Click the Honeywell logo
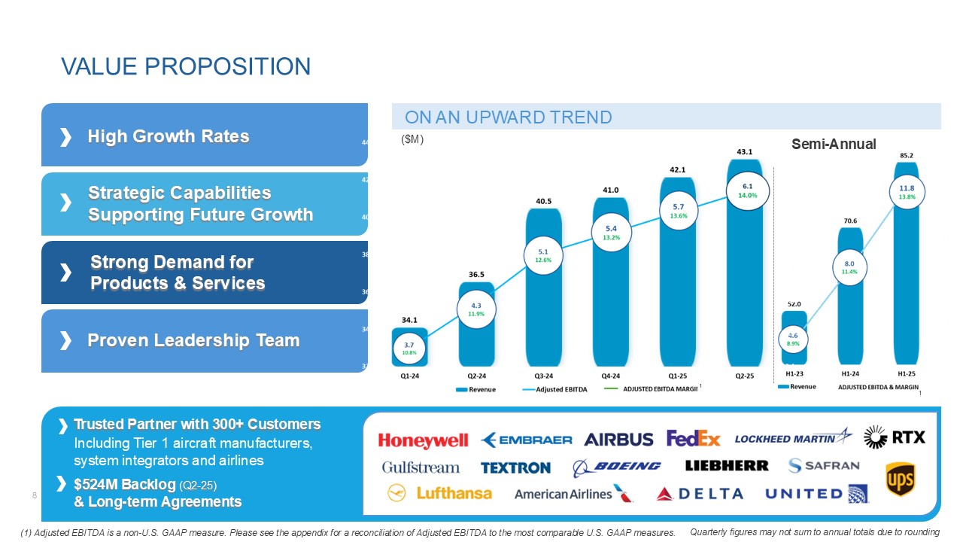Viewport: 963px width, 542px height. [423, 440]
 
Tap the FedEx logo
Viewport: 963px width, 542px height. [693, 439]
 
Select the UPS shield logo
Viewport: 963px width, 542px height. [900, 480]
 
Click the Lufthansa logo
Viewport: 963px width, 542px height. [439, 493]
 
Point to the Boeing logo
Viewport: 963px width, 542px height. [616, 467]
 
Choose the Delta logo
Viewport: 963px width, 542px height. [700, 494]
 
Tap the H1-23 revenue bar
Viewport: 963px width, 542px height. [794, 343]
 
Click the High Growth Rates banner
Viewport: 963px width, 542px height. [205, 136]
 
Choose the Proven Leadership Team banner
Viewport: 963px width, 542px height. [205, 341]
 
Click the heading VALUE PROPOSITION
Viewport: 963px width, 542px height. [186, 66]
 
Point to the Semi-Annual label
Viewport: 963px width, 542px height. [834, 144]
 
